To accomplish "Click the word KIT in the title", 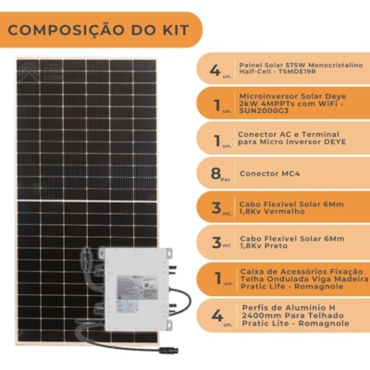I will pyautogui.click(x=170, y=31).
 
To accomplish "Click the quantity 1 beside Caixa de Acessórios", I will pyautogui.click(x=216, y=277).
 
